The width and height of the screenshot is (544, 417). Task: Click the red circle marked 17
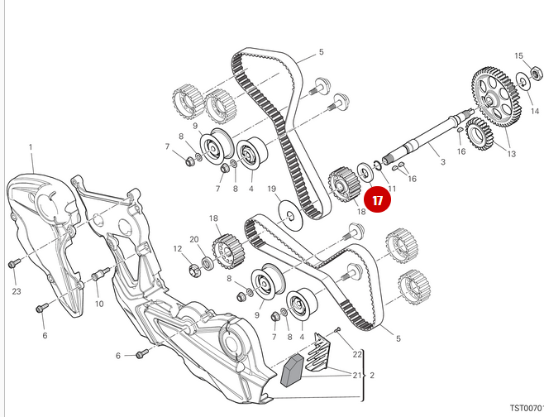coord(378,199)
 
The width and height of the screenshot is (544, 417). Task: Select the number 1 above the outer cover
coord(31,148)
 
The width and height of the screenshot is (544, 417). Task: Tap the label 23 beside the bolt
coord(17,290)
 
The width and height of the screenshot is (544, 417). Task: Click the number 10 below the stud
coord(99,304)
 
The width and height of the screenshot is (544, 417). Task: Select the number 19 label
coord(271,189)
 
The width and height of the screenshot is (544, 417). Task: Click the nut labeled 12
coord(196,268)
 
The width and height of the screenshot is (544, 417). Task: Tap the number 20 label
coord(195,240)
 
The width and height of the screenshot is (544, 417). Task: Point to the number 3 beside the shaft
coord(443,162)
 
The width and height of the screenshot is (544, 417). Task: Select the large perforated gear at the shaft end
coord(496,90)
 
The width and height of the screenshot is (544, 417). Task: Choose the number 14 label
coord(535,109)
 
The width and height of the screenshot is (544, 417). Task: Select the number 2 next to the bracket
coord(373,375)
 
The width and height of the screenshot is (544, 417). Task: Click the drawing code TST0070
coord(524,408)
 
